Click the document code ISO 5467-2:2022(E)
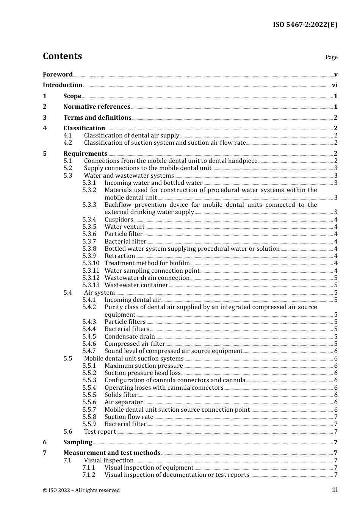(x=305, y=25)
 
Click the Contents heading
(x=62, y=56)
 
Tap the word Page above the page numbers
(x=331, y=57)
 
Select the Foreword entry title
(x=58, y=75)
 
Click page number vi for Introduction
(x=335, y=85)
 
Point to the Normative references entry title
(x=97, y=107)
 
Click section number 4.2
(x=68, y=143)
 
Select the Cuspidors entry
(x=119, y=220)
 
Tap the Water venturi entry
(x=124, y=227)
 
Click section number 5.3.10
(x=91, y=263)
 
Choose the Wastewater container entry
(x=136, y=285)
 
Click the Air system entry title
(x=99, y=293)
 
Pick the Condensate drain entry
(x=130, y=337)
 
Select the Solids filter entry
(x=121, y=395)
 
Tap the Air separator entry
(x=124, y=402)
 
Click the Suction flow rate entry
(x=129, y=417)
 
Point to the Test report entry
(x=100, y=432)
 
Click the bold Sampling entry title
(x=78, y=442)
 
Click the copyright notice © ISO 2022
(x=81, y=490)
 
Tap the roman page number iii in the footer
(x=335, y=490)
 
